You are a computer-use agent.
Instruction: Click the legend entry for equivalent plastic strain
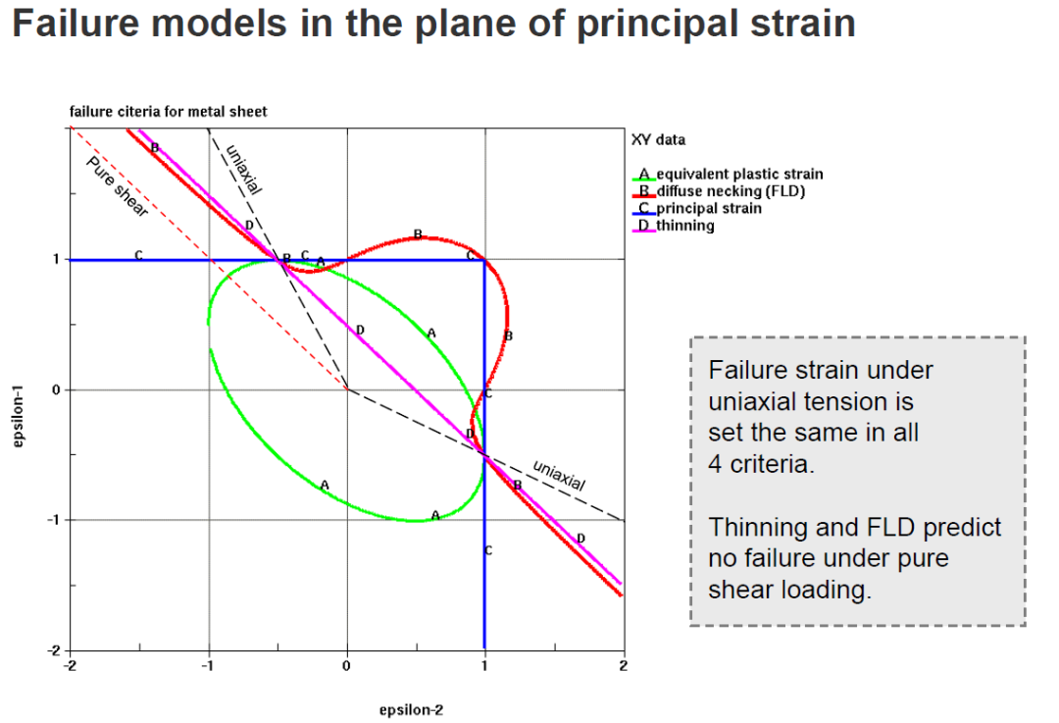(x=728, y=175)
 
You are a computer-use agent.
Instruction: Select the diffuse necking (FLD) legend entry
(x=720, y=191)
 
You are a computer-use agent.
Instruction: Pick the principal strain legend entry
(x=697, y=209)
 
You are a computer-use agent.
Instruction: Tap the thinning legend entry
(x=674, y=226)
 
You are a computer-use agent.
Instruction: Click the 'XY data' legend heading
(x=659, y=140)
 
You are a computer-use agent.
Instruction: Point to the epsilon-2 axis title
(x=411, y=710)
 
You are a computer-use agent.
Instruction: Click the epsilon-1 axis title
(x=18, y=416)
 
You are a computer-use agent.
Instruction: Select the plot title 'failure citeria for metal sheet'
(x=169, y=112)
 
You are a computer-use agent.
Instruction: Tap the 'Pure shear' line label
(x=117, y=186)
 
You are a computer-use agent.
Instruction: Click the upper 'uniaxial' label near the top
(x=243, y=170)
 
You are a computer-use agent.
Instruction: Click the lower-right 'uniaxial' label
(x=559, y=475)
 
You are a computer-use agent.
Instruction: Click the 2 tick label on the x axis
(x=624, y=666)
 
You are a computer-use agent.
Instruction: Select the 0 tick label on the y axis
(x=56, y=389)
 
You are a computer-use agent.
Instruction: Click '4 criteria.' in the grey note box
(x=761, y=464)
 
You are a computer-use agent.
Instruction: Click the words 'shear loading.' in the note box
(x=789, y=591)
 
